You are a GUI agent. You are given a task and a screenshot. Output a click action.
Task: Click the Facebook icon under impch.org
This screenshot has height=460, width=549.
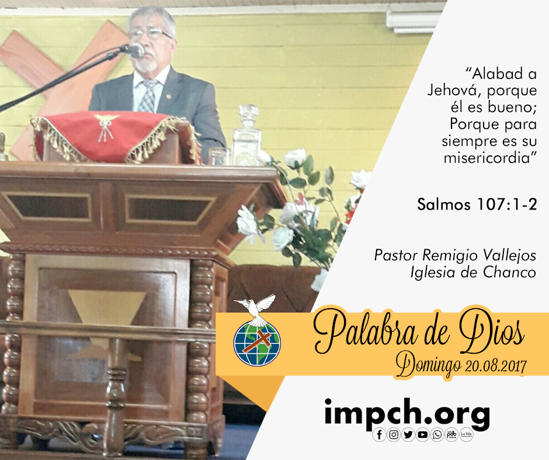pyautogui.click(x=379, y=434)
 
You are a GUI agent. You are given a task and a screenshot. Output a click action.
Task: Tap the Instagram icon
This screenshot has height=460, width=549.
pyautogui.click(x=394, y=434)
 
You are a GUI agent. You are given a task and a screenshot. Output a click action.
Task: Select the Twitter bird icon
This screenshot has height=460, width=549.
pyautogui.click(x=408, y=434)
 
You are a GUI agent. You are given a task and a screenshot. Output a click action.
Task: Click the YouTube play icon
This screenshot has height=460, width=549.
pyautogui.click(x=423, y=434)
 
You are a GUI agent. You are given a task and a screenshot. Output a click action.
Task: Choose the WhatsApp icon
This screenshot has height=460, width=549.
pyautogui.click(x=437, y=434)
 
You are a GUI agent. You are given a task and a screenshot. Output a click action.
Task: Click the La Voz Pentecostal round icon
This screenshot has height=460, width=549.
pyautogui.click(x=466, y=434)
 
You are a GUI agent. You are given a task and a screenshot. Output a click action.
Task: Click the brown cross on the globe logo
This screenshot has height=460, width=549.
pyautogui.click(x=258, y=341)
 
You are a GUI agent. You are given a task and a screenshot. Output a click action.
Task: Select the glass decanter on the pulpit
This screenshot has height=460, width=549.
pyautogui.click(x=246, y=136)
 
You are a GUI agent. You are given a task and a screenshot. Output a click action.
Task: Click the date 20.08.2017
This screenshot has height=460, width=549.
pyautogui.click(x=496, y=366)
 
